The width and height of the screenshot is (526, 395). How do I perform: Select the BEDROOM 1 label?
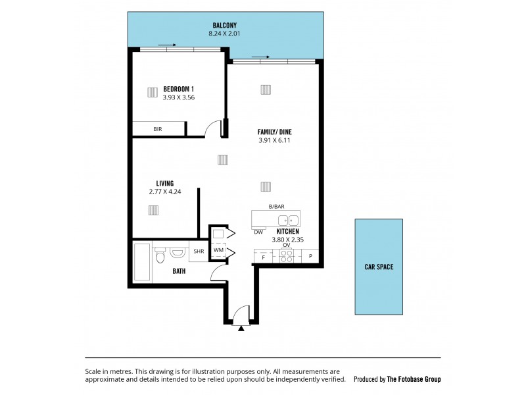coord(178,89)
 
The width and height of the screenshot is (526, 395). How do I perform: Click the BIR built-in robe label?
coord(158,130)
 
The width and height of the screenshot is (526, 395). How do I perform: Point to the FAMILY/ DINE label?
coord(274,132)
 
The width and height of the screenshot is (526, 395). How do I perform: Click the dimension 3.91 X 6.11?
coord(274,140)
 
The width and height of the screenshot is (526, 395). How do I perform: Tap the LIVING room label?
coord(164,183)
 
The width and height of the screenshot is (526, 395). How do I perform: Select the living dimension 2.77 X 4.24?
coord(164,192)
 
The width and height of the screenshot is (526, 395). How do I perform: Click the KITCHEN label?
coord(288,232)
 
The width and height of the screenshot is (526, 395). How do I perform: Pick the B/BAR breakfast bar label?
coord(276,207)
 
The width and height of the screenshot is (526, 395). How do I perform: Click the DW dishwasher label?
coord(258,232)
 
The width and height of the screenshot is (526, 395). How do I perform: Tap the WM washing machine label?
coord(218,251)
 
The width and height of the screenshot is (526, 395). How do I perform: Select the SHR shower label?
coord(198,251)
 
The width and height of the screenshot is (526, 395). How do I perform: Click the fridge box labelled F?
coord(263,257)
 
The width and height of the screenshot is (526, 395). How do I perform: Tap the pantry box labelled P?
coord(310,257)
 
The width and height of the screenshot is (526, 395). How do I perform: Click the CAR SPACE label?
coord(379,267)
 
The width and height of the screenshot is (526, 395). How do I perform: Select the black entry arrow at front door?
coord(242,327)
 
